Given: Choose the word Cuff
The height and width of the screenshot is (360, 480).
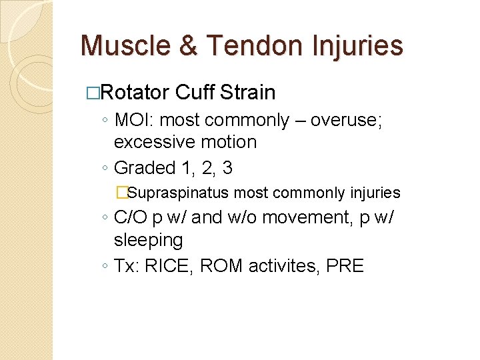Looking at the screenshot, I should [x=195, y=92].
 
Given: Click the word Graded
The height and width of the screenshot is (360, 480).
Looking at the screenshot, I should [x=145, y=168].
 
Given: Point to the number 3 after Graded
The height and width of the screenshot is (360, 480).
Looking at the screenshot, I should [x=227, y=168].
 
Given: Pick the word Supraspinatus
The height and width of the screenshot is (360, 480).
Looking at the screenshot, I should [x=177, y=193].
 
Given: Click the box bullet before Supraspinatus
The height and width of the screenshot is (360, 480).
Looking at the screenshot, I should [x=121, y=193].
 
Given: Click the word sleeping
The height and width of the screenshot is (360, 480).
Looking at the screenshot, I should [x=148, y=240].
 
